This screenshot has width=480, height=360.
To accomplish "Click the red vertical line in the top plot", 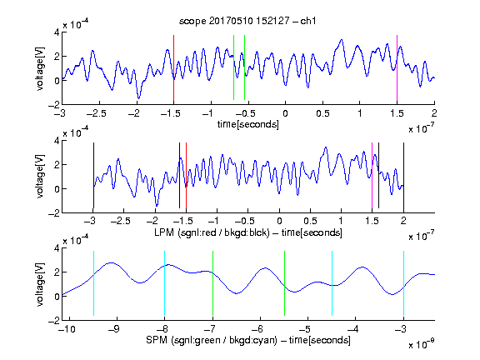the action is click(x=173, y=68).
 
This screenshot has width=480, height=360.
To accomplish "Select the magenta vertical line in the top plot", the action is click(x=397, y=68).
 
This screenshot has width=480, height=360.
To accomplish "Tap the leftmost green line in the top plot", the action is click(x=233, y=67).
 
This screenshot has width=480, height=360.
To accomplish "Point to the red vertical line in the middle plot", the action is click(x=186, y=175).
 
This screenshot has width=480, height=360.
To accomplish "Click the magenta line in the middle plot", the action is click(x=372, y=175).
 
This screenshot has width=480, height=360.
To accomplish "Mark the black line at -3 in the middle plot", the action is click(x=93, y=175).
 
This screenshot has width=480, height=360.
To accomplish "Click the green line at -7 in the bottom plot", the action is click(x=212, y=283).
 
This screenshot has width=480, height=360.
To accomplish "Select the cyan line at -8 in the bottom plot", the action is click(x=164, y=283).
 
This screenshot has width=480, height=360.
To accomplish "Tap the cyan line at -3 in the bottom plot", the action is click(x=403, y=283).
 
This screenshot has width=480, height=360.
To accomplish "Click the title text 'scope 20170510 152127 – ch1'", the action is click(x=247, y=21).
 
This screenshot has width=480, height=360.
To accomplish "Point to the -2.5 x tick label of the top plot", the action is click(x=96, y=113).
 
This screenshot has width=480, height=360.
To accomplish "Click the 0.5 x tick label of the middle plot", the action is click(x=310, y=221).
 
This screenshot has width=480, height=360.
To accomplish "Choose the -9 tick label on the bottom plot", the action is click(x=114, y=329).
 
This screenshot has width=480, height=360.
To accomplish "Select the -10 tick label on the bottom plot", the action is click(x=67, y=329).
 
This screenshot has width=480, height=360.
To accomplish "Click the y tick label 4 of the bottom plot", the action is click(x=57, y=248).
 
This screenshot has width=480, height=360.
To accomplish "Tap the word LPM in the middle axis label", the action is click(x=164, y=232).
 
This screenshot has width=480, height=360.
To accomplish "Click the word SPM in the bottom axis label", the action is click(x=157, y=340).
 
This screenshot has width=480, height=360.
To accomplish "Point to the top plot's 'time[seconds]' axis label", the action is click(x=248, y=125).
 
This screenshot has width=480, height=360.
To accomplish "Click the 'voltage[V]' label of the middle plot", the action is click(x=40, y=177).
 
